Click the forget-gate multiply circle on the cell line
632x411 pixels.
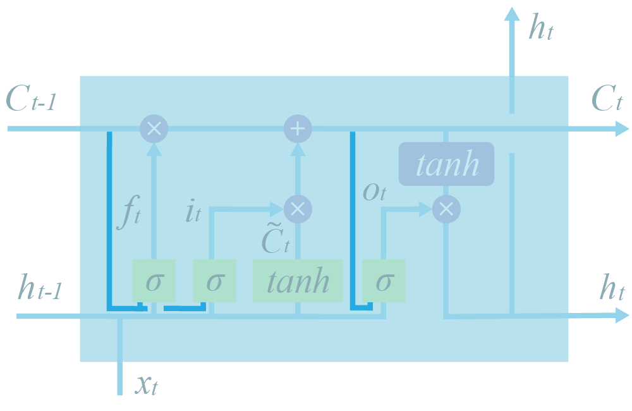[x=154, y=128]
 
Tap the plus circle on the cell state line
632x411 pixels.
[x=297, y=128]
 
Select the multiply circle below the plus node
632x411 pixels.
[x=297, y=209]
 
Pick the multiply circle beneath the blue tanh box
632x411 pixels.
[x=446, y=209]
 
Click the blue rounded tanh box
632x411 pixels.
[x=446, y=164]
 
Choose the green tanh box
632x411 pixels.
[x=298, y=280]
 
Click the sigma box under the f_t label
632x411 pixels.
[x=153, y=280]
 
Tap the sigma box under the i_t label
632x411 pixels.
[x=214, y=280]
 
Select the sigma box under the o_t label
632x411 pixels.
[x=384, y=280]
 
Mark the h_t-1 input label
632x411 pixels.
[x=39, y=289]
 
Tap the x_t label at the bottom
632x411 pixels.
[x=147, y=384]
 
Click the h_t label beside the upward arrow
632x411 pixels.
[x=541, y=29]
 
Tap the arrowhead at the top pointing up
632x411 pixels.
[x=512, y=13]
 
